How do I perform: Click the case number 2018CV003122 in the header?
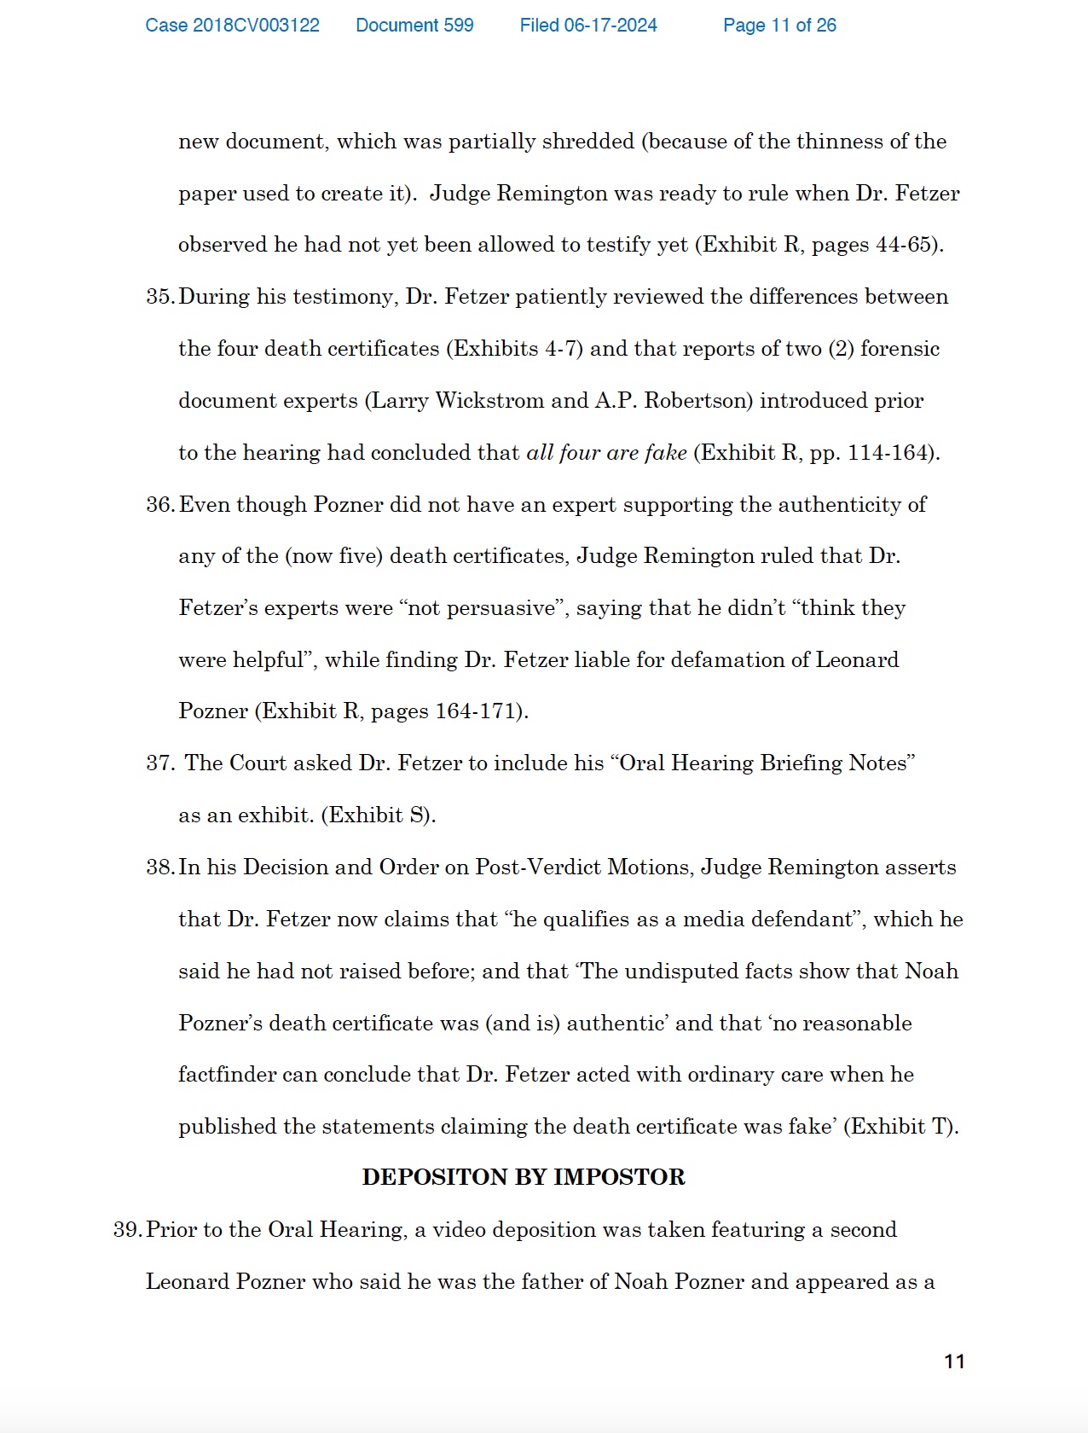point(232,26)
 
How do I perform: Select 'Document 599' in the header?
point(414,26)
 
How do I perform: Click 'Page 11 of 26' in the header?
point(779,26)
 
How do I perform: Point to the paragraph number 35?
point(159,297)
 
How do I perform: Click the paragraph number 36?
point(159,505)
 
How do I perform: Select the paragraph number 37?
point(159,763)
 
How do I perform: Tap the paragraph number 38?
point(159,867)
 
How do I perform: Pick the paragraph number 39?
point(127,1230)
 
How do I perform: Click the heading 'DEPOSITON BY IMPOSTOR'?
point(524,1177)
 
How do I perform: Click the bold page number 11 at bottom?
point(954,1361)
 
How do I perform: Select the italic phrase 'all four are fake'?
point(606,453)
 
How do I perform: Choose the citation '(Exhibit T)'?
point(900,1127)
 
